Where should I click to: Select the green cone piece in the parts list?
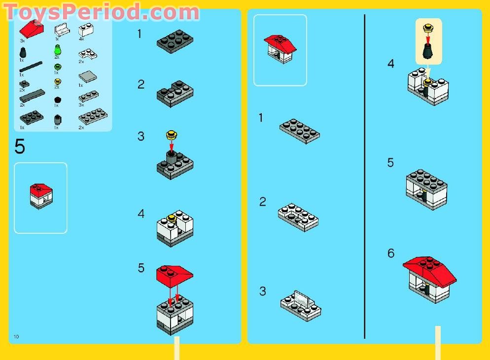[x=57, y=49]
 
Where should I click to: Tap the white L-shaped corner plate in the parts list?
[x=85, y=53]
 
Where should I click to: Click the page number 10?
[x=16, y=336]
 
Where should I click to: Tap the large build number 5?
[x=20, y=147]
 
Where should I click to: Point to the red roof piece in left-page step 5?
[x=175, y=274]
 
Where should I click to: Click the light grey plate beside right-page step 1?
[x=300, y=130]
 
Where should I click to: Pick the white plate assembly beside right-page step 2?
[x=298, y=216]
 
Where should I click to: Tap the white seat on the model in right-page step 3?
[x=301, y=298]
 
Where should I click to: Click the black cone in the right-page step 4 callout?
[x=428, y=51]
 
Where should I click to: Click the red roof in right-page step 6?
[x=429, y=267]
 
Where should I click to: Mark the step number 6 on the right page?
[x=391, y=253]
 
